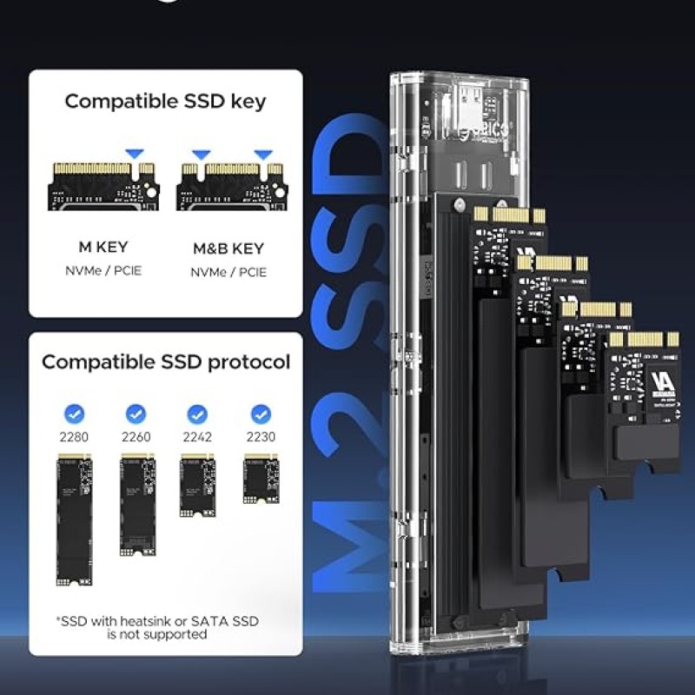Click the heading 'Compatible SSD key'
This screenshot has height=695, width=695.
(x=165, y=101)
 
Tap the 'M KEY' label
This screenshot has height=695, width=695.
(x=104, y=247)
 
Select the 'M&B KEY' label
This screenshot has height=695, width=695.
(x=228, y=248)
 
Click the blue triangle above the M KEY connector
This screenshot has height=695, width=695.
(x=134, y=154)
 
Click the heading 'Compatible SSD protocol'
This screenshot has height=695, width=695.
(x=166, y=361)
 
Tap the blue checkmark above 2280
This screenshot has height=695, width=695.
(x=74, y=414)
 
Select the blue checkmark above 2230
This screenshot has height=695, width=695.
(x=261, y=414)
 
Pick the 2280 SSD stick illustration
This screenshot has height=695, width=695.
(x=75, y=520)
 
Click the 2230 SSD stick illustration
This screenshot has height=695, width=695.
(x=261, y=478)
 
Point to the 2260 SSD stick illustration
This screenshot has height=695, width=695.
(x=136, y=503)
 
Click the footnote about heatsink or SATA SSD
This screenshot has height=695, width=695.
(x=157, y=627)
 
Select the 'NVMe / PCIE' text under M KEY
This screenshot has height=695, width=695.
(x=104, y=271)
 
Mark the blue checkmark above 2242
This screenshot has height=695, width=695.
(x=198, y=414)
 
